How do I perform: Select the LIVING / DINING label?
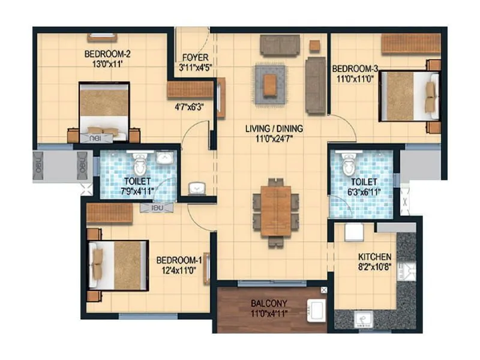[x=274, y=128]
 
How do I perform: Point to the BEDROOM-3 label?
[x=355, y=68]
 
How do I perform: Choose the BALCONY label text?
[x=269, y=302]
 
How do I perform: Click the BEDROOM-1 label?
[x=178, y=260]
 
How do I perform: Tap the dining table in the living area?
[x=275, y=211]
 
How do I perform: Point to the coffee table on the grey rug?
[x=271, y=83]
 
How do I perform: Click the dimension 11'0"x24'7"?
[x=274, y=139]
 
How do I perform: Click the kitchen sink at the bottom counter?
[x=362, y=318]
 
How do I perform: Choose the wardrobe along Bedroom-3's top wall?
[x=410, y=44]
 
